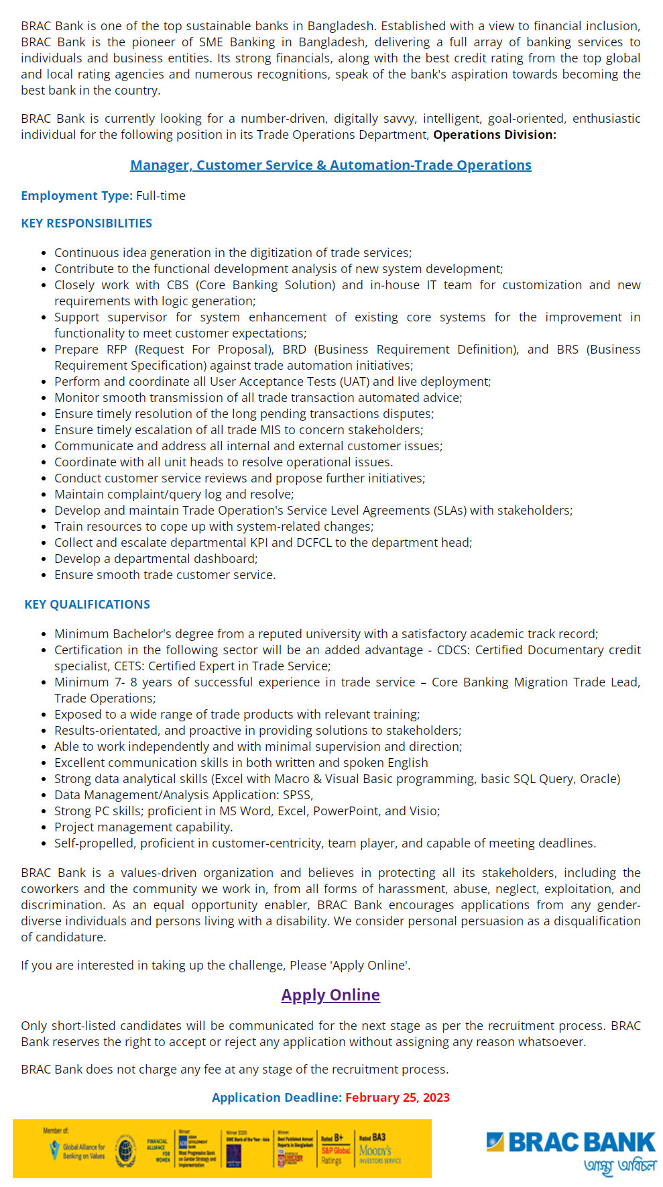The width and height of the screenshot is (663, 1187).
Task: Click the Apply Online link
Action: (330, 995)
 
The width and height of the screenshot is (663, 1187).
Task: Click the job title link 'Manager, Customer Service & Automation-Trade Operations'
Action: (330, 165)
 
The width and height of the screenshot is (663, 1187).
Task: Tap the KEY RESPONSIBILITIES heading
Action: (86, 223)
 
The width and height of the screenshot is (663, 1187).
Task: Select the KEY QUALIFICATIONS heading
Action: (87, 605)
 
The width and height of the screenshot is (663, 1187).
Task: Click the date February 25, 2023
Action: (398, 1098)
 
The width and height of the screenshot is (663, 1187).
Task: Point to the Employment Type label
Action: (76, 196)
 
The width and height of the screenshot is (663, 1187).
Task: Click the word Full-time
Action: (161, 196)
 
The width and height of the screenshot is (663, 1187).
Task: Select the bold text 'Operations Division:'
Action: (495, 135)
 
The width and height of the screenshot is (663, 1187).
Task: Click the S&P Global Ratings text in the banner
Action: (335, 1151)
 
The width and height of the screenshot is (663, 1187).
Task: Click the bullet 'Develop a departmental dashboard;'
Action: (156, 559)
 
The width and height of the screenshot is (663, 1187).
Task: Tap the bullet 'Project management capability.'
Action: (143, 827)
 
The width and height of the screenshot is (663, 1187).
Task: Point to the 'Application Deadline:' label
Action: (276, 1098)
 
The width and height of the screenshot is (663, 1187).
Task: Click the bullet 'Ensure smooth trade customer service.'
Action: (165, 575)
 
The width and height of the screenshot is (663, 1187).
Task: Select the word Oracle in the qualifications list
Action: (599, 779)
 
